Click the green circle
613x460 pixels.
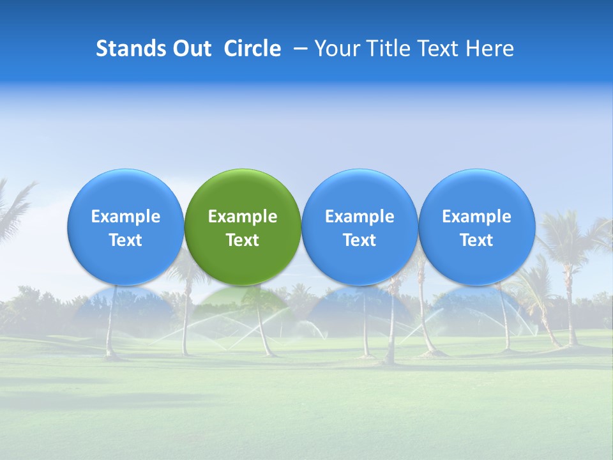243,192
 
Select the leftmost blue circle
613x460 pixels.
125,192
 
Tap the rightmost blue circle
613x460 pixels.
476,192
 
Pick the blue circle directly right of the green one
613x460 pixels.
359,192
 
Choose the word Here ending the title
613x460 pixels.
490,49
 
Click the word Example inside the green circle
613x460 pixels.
243,217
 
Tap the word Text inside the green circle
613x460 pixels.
243,240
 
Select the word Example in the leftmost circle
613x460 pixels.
125,217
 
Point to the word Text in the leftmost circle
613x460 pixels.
125,240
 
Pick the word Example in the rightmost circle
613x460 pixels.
476,217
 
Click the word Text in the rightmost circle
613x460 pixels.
476,240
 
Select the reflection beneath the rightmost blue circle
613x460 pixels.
476,303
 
